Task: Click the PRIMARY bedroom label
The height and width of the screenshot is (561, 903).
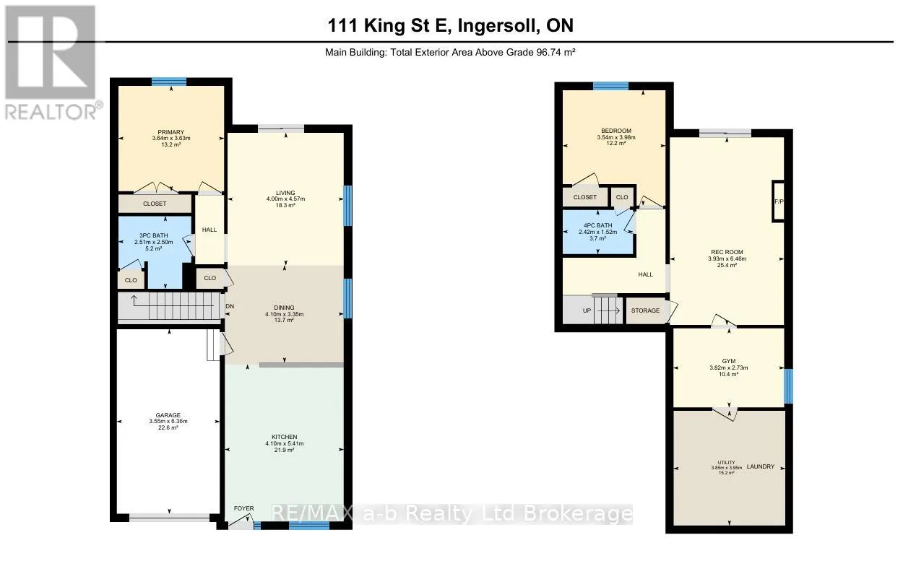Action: point(171,132)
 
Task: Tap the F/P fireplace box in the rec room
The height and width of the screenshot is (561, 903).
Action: point(779,201)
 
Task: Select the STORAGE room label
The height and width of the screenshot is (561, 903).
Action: point(645,310)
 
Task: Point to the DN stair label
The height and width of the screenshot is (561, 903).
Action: point(230,306)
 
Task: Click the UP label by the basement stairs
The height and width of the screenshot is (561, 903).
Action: point(587,310)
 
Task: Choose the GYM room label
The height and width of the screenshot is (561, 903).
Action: point(729,361)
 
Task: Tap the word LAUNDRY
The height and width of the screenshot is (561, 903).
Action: point(761,466)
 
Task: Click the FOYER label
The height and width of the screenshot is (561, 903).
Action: point(244,508)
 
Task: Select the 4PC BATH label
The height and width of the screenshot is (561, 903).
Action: point(598,226)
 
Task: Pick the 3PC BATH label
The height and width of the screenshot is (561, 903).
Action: point(154,236)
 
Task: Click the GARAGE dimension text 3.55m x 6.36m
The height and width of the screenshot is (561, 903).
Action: point(168,422)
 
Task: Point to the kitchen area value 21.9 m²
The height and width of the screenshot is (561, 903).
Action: point(284,450)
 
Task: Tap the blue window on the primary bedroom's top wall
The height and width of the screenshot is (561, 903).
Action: point(169,82)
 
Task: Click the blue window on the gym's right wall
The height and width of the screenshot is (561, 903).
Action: point(789,386)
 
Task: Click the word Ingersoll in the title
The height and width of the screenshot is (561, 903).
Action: point(499,26)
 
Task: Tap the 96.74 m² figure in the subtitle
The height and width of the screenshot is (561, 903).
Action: point(556,53)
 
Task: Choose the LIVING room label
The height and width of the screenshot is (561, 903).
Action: point(285,193)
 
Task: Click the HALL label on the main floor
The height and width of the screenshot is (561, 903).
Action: point(209,230)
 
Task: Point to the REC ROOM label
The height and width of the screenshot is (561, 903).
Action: point(727,252)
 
